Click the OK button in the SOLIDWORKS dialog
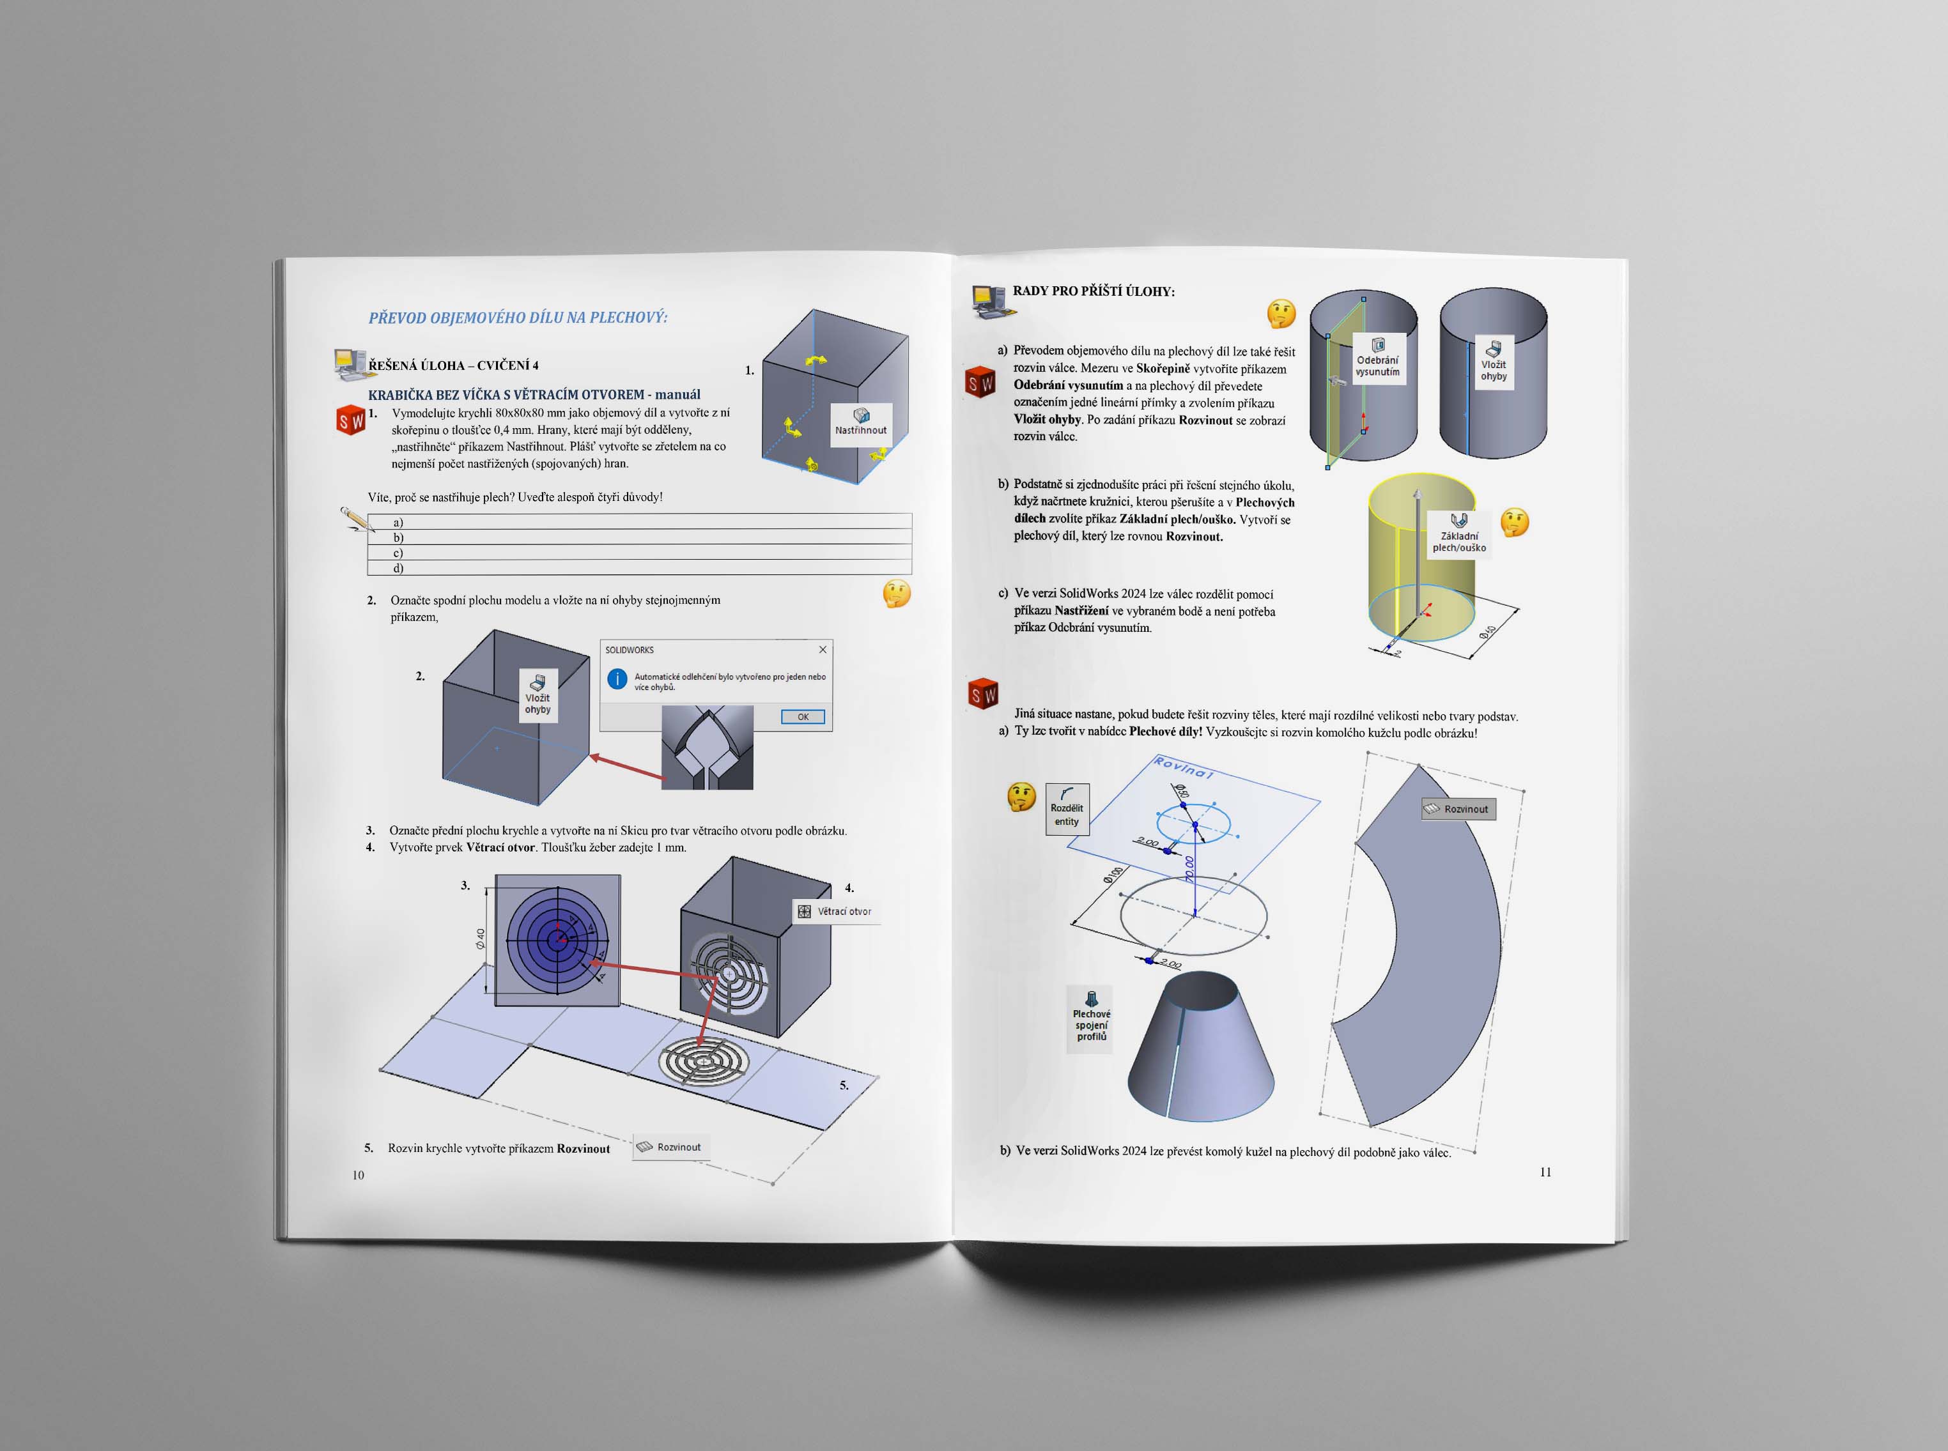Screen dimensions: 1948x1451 802,717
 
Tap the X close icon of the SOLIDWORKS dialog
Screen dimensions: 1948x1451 823,650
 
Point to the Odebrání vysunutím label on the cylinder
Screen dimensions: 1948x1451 1377,358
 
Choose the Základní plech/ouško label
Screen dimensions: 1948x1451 1458,533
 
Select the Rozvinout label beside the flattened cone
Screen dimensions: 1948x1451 1458,809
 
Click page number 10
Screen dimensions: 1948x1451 358,1175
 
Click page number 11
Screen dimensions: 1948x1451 1545,1172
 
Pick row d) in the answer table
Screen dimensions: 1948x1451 639,568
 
